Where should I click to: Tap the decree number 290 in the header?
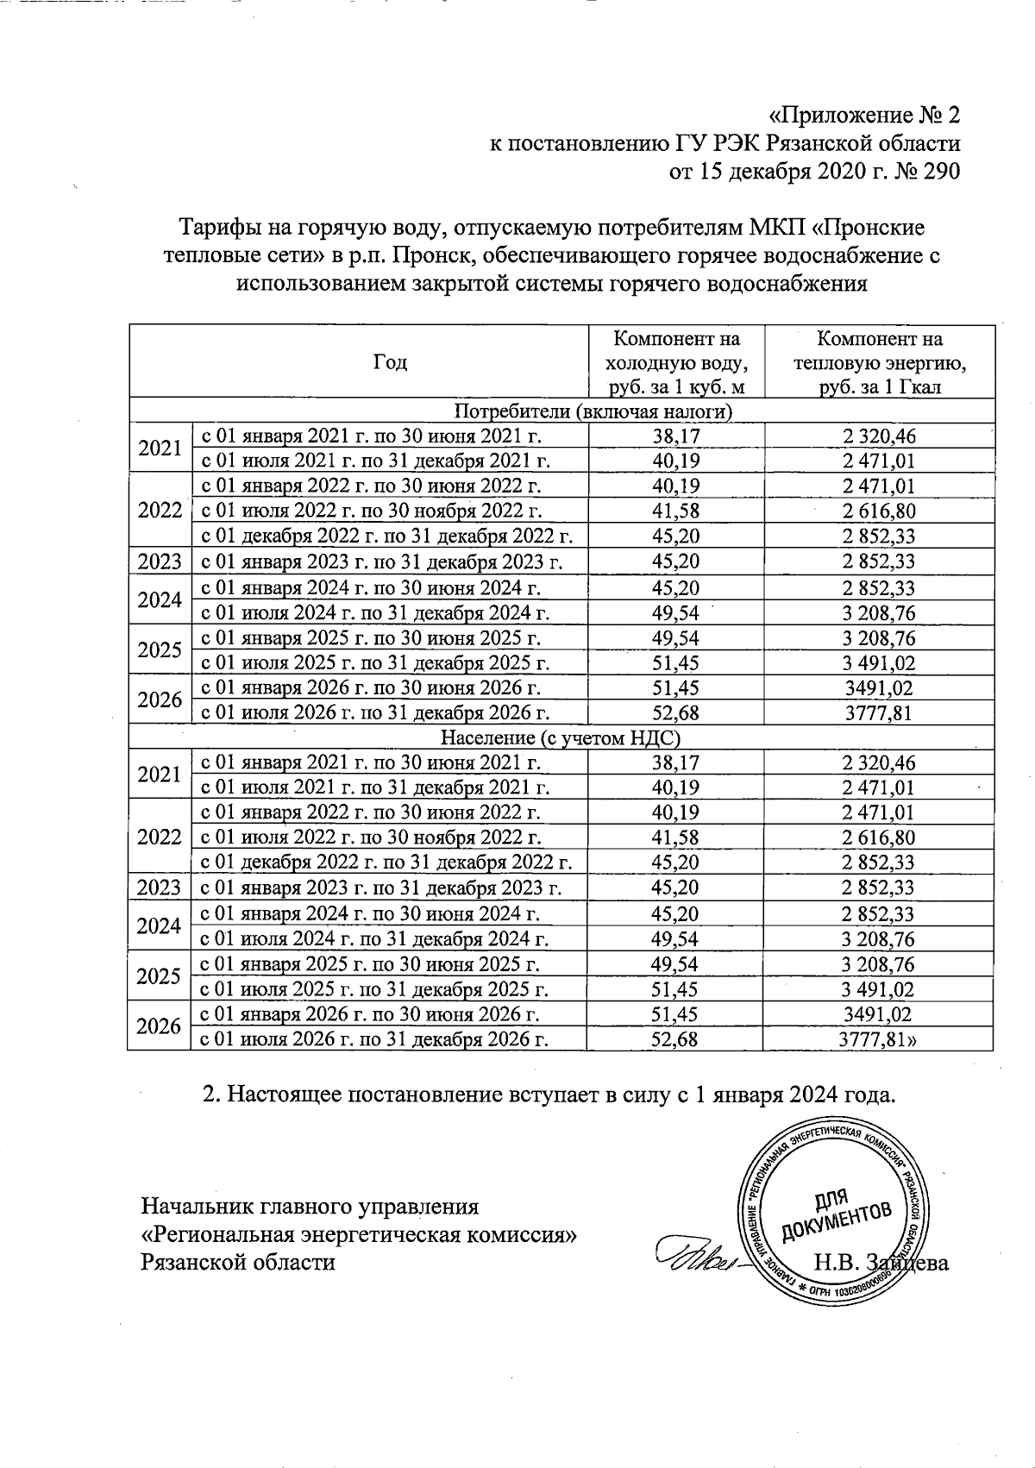pos(941,172)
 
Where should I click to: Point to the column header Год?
pos(390,362)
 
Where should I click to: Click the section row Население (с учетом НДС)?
pos(561,737)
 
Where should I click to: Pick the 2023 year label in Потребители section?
pos(160,561)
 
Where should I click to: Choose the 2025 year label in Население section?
pos(160,976)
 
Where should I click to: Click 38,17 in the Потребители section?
pos(676,436)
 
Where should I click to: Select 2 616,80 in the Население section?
pos(879,838)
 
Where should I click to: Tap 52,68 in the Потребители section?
pos(676,712)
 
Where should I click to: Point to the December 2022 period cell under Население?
pos(387,863)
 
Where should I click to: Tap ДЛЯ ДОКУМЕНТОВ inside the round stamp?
pos(835,1217)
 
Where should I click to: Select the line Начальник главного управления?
pos(310,1205)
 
